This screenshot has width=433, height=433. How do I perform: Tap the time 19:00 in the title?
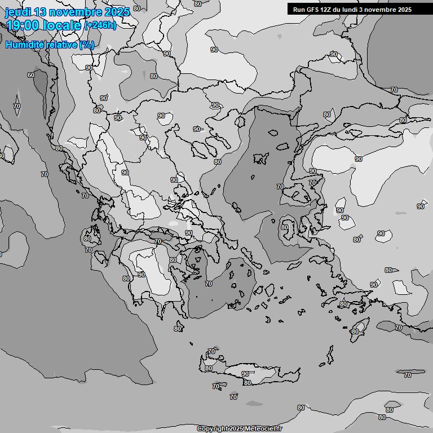point(22,25)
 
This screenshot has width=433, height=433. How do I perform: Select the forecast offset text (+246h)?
point(100,26)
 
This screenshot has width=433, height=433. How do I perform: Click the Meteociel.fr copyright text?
point(239,429)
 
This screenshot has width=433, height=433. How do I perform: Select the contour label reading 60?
point(31,75)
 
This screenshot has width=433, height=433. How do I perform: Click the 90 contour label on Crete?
point(245,374)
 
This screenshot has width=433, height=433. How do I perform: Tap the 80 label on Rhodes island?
point(355,332)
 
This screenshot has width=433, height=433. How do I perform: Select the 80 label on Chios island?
point(285,228)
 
